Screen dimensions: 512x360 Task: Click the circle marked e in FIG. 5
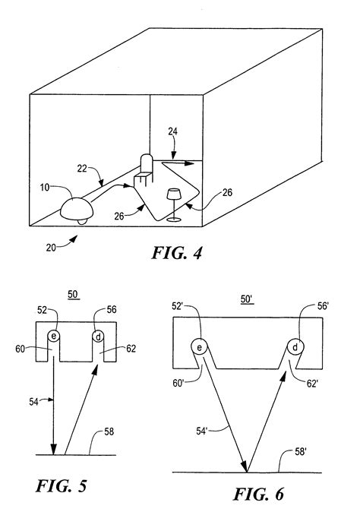[x=55, y=336]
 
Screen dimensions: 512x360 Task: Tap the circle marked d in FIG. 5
[x=97, y=336]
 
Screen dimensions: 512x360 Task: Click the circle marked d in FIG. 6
[x=296, y=346]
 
